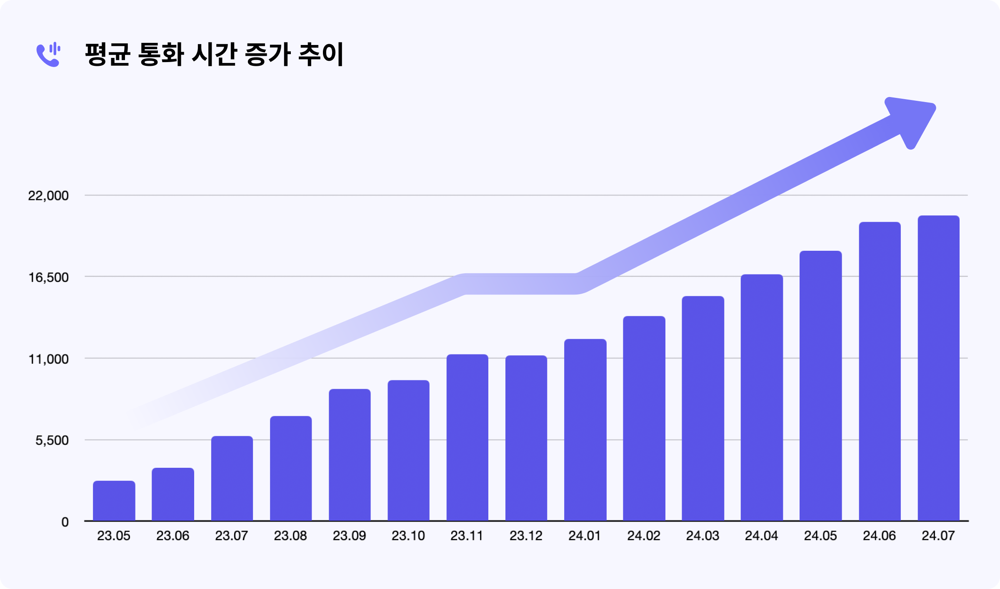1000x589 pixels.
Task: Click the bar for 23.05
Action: point(114,501)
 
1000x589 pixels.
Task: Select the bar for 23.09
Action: point(350,455)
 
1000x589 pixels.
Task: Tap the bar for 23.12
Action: point(526,438)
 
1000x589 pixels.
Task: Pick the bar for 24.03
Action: point(703,408)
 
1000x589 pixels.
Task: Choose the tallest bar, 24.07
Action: point(938,368)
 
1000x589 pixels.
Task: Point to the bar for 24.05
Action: point(820,386)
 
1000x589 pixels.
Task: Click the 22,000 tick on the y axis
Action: point(48,196)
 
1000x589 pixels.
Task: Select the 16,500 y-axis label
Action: point(48,277)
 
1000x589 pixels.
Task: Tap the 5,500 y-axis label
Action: point(52,440)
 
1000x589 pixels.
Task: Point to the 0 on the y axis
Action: point(65,522)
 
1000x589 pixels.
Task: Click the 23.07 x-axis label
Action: point(232,536)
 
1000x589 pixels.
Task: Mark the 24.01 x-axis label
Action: point(585,536)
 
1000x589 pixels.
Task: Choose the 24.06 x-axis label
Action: point(879,536)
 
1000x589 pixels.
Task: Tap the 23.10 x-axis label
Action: point(408,536)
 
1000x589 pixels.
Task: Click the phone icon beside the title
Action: point(48,55)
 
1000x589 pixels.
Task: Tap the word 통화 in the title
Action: point(160,55)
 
